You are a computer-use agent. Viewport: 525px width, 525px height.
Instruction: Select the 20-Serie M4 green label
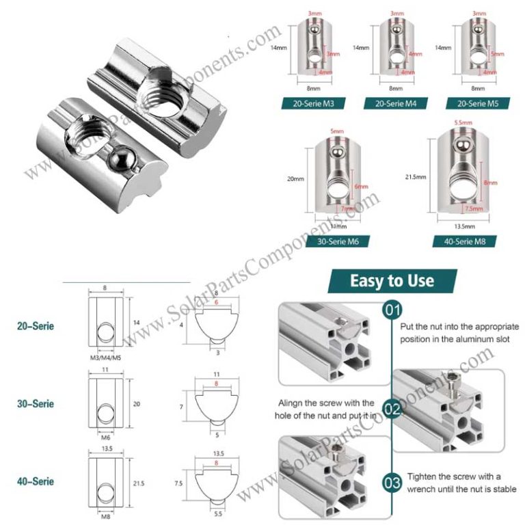(392, 104)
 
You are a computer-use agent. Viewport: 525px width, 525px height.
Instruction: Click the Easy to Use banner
(392, 280)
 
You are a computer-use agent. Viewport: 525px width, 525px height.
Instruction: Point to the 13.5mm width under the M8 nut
(464, 224)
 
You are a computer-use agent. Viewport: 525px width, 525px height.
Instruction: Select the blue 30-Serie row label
(36, 404)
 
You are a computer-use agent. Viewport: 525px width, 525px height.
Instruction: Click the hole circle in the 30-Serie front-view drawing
(105, 413)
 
